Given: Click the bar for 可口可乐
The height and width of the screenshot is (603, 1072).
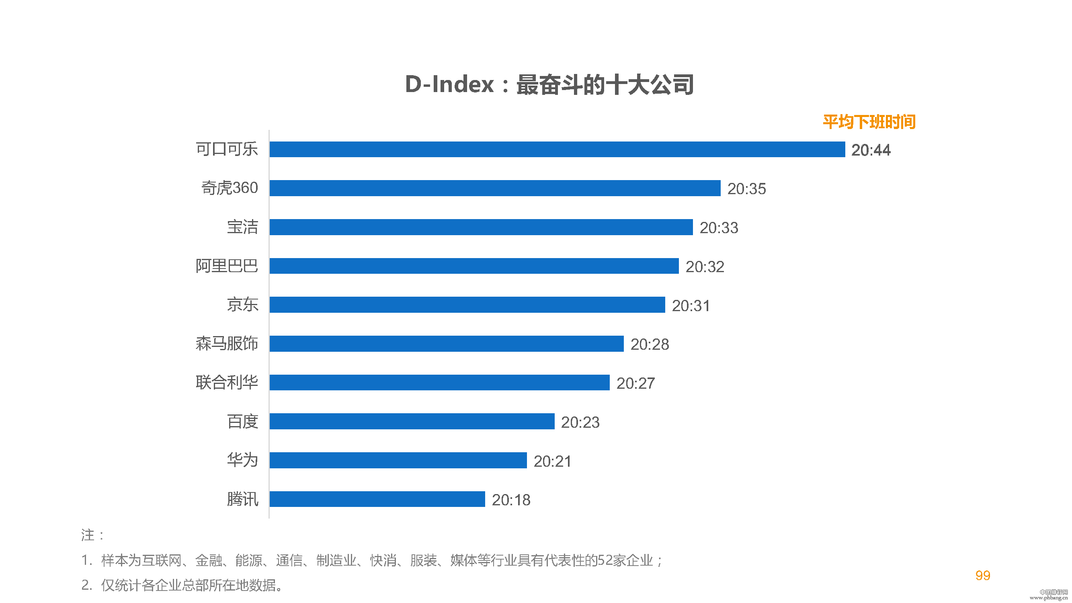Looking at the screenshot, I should click(x=557, y=150).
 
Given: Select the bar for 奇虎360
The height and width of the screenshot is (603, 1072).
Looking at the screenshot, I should click(x=495, y=188).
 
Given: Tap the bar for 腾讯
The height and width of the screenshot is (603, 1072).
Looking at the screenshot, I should click(x=377, y=499).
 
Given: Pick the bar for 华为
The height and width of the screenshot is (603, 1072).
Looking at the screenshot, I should click(x=398, y=460).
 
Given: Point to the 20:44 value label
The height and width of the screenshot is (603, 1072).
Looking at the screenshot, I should click(x=871, y=150).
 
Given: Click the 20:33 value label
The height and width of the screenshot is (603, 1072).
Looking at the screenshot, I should click(x=719, y=228).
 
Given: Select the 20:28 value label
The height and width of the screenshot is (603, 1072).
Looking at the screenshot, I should click(x=650, y=344).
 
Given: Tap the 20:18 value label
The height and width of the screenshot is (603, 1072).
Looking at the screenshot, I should click(x=511, y=500).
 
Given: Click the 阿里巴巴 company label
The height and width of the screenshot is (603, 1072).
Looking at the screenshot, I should click(x=227, y=266).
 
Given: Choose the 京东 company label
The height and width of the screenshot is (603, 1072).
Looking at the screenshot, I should click(x=242, y=305).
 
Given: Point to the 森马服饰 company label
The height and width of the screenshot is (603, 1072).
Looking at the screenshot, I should click(x=227, y=344).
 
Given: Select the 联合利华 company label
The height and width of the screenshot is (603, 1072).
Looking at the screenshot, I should click(x=227, y=382).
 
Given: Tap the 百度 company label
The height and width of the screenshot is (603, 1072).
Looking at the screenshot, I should click(x=242, y=422).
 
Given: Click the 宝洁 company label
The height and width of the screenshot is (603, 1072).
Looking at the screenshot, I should click(x=242, y=227).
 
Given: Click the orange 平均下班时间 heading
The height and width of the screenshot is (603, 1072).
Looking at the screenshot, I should click(x=869, y=122).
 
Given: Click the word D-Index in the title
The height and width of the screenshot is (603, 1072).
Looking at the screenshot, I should click(x=449, y=84).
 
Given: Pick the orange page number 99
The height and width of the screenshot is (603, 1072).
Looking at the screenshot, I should click(x=982, y=576).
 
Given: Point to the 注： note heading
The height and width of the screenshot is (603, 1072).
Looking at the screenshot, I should click(x=92, y=535).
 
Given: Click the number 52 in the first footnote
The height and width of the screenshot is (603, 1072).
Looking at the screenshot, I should click(x=605, y=560).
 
